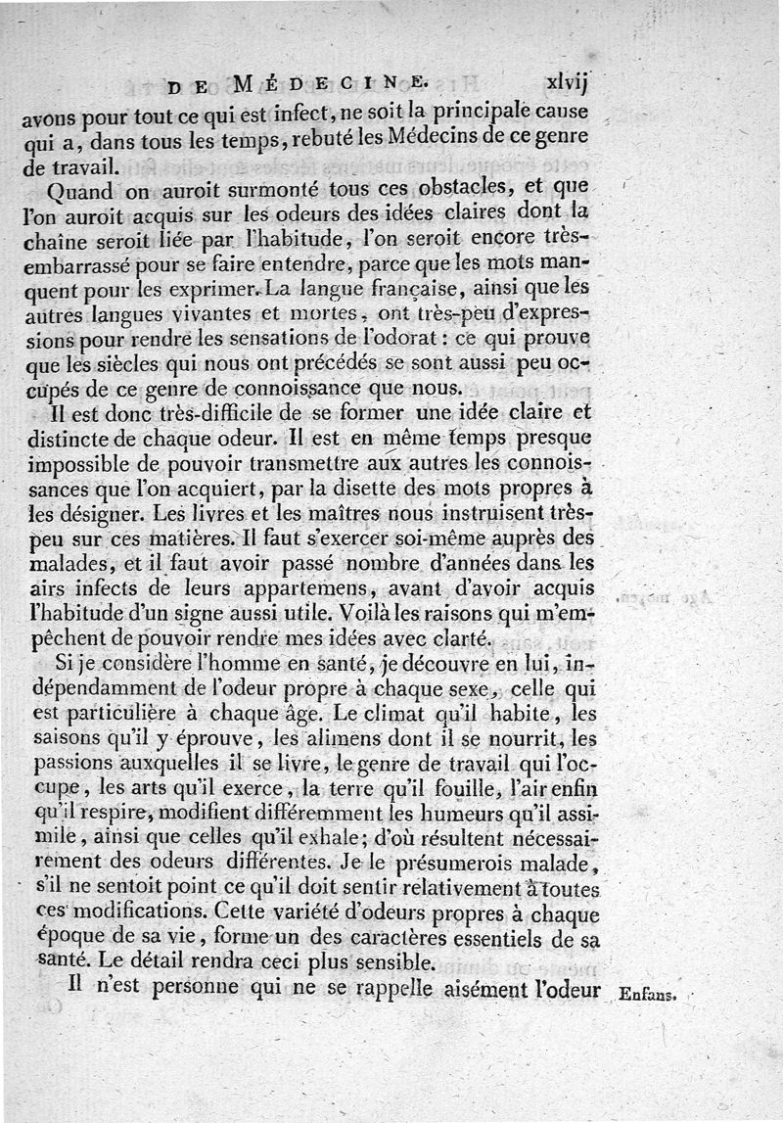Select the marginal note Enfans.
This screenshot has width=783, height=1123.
pos(648,996)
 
